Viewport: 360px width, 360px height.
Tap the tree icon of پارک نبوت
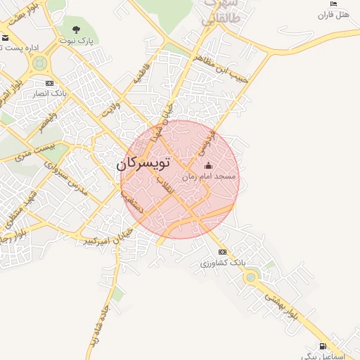point(77,30)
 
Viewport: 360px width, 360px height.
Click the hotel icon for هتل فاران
point(333,4)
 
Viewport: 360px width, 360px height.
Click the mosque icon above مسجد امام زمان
point(208,166)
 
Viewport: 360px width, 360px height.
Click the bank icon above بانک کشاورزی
point(223,252)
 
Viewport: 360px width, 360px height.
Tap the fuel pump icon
point(323,345)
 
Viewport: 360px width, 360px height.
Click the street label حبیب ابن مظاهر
point(224,69)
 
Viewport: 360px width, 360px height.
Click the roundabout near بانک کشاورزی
point(251,277)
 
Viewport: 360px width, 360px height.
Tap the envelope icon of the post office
point(6,37)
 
